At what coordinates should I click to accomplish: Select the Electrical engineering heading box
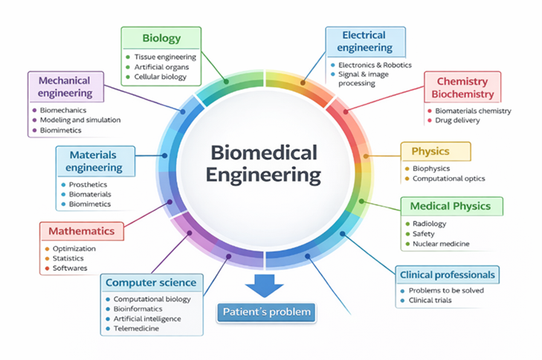pos(365,42)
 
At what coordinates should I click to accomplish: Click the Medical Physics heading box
pos(451,206)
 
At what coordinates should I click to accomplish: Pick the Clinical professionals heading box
pos(446,274)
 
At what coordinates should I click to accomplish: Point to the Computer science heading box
pos(151,283)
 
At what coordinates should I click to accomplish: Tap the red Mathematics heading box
pos(81,231)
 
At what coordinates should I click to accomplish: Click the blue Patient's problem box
pos(265,312)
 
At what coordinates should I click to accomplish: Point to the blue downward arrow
pos(265,285)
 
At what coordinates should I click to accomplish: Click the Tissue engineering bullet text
pos(165,57)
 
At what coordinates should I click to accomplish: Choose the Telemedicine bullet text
pos(136,328)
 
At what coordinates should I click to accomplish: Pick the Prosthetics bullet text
pos(88,184)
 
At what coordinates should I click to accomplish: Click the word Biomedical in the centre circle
pos(265,152)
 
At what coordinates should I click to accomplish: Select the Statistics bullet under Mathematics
pos(68,258)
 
